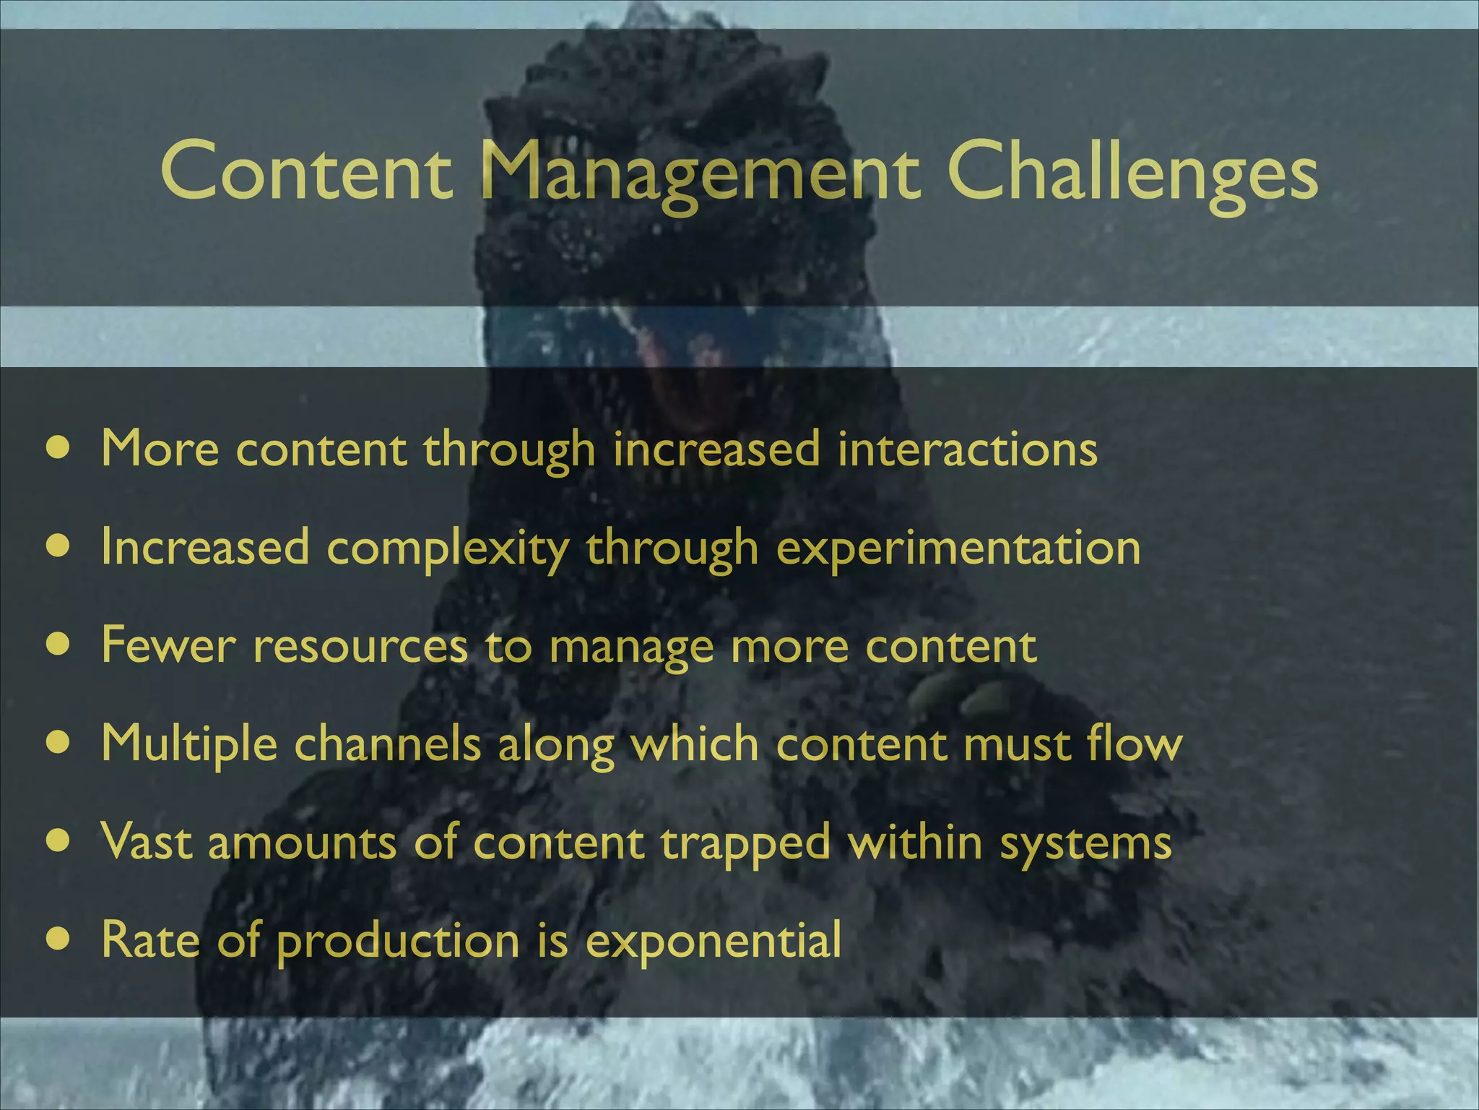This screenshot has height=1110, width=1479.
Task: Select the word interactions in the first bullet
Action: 967,449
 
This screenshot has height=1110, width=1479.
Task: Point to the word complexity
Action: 448,548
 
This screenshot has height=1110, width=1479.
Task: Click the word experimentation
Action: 958,548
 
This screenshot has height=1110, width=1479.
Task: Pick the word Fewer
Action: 168,645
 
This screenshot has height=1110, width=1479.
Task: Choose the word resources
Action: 360,646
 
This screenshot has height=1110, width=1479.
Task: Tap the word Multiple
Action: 189,744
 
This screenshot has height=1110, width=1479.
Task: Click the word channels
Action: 388,744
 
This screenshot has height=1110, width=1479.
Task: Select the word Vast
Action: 147,842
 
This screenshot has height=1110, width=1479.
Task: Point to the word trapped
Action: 745,843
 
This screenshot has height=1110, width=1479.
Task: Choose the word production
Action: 398,941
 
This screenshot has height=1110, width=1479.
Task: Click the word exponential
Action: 713,941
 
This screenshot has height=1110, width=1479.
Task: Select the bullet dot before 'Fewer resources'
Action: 58,643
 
